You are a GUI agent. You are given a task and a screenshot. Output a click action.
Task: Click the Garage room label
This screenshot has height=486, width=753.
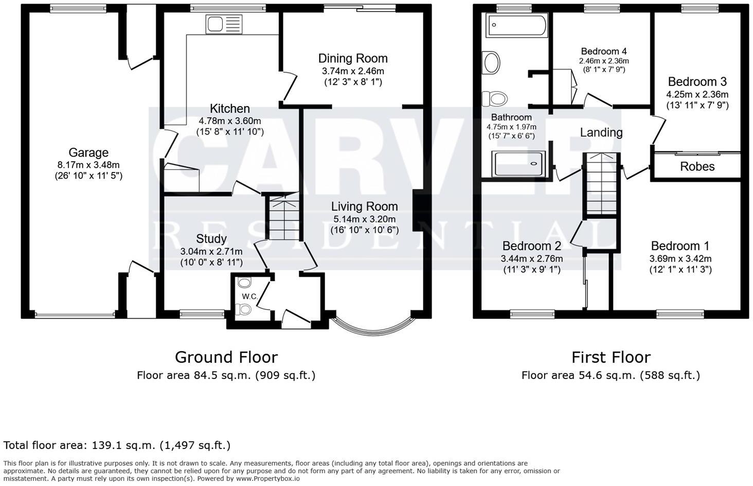click(88, 152)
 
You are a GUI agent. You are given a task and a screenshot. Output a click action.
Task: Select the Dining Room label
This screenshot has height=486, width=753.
click(352, 58)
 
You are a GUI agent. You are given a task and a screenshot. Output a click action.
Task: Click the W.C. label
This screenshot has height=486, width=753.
click(249, 296)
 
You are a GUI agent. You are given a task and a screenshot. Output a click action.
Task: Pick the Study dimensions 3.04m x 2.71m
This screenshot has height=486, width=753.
click(211, 252)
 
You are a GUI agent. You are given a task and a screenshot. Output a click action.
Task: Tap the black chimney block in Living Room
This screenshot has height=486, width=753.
click(419, 211)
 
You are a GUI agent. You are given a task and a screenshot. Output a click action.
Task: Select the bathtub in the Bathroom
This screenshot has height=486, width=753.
click(517, 24)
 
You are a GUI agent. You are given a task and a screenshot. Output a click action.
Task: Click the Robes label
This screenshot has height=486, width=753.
click(697, 166)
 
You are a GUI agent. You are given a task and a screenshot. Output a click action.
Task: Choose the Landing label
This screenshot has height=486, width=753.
click(601, 132)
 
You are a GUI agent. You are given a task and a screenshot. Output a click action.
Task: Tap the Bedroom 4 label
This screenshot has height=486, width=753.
click(603, 51)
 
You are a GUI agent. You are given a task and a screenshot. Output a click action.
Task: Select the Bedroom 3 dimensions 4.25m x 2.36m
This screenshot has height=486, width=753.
click(697, 95)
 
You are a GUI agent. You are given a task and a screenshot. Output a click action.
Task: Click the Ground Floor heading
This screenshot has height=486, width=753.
click(226, 357)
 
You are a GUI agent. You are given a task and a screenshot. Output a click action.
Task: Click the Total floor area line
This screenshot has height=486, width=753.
click(117, 445)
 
